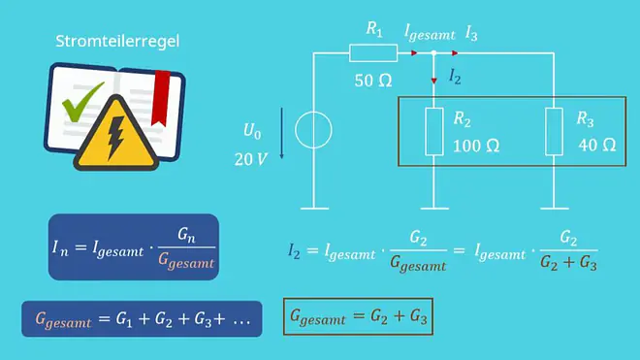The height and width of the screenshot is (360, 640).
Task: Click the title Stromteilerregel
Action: point(117,42)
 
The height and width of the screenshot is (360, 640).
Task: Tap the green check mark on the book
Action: point(81,101)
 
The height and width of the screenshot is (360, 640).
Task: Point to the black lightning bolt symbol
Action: point(115,138)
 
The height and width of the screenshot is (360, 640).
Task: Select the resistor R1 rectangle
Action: point(373,53)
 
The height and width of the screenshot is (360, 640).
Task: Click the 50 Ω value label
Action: point(373,81)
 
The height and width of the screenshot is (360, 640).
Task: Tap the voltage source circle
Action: point(313,130)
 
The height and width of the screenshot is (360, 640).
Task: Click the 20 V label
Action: point(250,159)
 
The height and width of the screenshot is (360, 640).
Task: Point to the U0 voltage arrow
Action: point(281,133)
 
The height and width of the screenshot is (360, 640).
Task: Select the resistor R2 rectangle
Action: point(434,132)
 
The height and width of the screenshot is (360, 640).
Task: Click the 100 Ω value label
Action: point(476,146)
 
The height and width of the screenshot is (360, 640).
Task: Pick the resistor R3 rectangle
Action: point(555,132)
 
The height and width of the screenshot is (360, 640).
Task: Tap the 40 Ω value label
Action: point(597,145)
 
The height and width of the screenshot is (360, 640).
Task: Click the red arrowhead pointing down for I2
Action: point(433,81)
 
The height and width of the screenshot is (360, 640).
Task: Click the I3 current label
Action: point(471,34)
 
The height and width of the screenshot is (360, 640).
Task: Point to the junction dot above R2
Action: point(433,53)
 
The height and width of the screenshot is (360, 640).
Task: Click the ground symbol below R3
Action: point(555,209)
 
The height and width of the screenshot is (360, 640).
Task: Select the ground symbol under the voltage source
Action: point(314,209)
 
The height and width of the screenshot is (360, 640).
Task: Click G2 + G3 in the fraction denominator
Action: point(568,263)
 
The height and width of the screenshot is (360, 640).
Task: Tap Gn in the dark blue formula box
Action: point(186,236)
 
